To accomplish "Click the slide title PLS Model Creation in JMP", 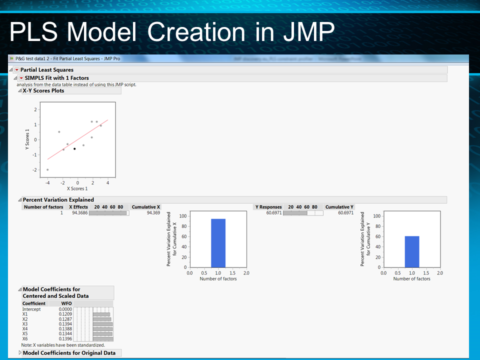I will pyautogui.click(x=171, y=33).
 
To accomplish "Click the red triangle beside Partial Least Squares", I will pyautogui.click(x=17, y=70).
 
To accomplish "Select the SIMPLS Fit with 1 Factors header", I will pyautogui.click(x=56, y=78).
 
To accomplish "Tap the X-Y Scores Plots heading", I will pyautogui.click(x=43, y=90).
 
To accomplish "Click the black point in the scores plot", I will pyautogui.click(x=74, y=148).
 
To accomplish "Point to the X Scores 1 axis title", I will pyautogui.click(x=77, y=188).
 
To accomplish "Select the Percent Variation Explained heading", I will pyautogui.click(x=58, y=200).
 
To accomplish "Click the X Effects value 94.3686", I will pyautogui.click(x=78, y=213).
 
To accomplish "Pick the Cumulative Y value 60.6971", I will pyautogui.click(x=345, y=213).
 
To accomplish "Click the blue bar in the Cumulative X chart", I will pyautogui.click(x=218, y=243).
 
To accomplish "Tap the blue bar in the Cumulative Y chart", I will pyautogui.click(x=411, y=251).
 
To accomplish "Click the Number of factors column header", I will pyautogui.click(x=43, y=207).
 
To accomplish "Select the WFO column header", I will pyautogui.click(x=66, y=303).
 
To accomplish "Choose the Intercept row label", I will pyautogui.click(x=31, y=309).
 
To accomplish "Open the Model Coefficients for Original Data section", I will pyautogui.click(x=69, y=353).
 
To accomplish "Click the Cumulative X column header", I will pyautogui.click(x=146, y=207).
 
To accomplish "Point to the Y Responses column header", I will pyautogui.click(x=268, y=207).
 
